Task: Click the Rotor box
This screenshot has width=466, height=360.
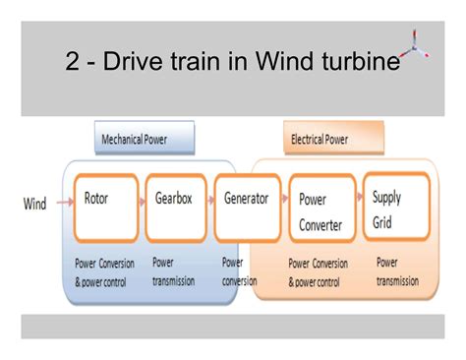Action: (105, 208)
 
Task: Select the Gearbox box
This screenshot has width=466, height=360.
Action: (174, 208)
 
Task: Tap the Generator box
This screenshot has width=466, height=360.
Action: (247, 208)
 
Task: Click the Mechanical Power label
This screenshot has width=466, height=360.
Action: (135, 140)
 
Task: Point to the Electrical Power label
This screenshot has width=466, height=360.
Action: (320, 140)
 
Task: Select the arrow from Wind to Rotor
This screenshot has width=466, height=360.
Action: (65, 204)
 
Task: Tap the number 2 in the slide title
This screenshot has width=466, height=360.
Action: (73, 63)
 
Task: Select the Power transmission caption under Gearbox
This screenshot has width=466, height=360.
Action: (174, 271)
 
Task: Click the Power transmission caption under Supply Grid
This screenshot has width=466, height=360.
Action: (397, 271)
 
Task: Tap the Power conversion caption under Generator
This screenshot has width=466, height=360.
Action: (237, 271)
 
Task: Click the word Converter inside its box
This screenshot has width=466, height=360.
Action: (320, 225)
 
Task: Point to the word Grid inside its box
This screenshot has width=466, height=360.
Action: (382, 221)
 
